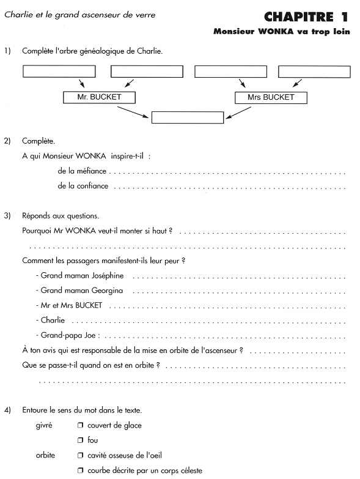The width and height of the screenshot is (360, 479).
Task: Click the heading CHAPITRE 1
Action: [x=306, y=17]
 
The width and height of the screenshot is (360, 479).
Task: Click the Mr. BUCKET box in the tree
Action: [x=99, y=97]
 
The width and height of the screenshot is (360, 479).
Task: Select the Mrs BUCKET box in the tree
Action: [x=271, y=98]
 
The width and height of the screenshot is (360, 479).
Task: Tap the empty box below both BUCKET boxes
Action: [x=188, y=117]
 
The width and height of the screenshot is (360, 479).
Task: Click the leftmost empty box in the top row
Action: [x=59, y=72]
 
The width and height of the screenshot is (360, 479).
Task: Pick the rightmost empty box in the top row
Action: [x=314, y=72]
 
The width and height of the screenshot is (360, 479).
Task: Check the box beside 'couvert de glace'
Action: [x=80, y=425]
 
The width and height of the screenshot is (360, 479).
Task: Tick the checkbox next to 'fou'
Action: [x=80, y=440]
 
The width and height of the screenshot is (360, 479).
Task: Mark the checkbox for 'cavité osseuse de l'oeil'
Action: [x=80, y=455]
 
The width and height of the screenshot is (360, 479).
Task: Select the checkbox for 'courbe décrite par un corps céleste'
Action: [x=80, y=470]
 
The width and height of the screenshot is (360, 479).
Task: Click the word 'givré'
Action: [x=44, y=425]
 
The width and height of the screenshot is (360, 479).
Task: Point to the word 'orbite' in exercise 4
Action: [x=45, y=455]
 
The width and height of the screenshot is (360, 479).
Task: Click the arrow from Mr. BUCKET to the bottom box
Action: [x=133, y=112]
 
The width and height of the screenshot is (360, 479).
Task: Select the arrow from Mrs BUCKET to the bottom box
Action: [x=238, y=113]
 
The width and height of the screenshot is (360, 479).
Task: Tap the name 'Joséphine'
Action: [x=108, y=275]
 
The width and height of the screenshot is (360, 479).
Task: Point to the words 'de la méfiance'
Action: [x=82, y=171]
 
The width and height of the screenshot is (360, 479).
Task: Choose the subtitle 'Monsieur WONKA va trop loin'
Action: [x=282, y=31]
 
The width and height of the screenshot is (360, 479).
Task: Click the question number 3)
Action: [x=7, y=216]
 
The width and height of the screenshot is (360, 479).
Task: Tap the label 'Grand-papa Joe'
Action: [x=68, y=335]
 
